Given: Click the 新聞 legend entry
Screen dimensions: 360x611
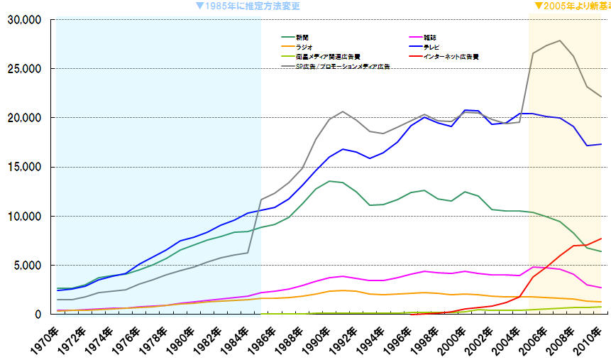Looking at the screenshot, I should (x=302, y=37).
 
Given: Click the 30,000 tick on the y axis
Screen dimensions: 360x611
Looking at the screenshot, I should (x=24, y=19).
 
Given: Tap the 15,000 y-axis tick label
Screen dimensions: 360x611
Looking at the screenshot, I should (x=24, y=167).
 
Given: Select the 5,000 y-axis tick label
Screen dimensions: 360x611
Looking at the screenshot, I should (x=27, y=266).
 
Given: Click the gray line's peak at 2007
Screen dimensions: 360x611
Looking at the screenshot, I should (x=560, y=40).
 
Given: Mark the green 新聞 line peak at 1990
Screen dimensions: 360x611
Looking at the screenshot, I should (x=329, y=180).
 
